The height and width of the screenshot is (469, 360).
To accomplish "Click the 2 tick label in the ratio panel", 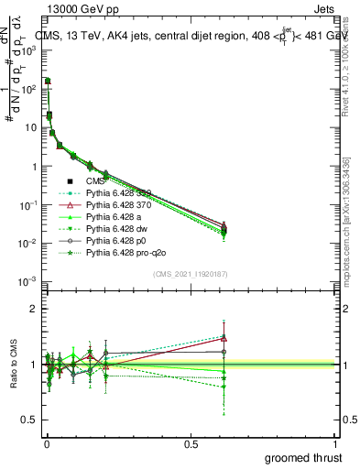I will coord(34,310).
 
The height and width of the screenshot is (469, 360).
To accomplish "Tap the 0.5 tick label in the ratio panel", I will coord(30,419).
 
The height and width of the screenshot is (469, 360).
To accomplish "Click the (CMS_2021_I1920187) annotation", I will coord(191,274).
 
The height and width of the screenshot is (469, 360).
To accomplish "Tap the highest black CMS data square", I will coord(47,82).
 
